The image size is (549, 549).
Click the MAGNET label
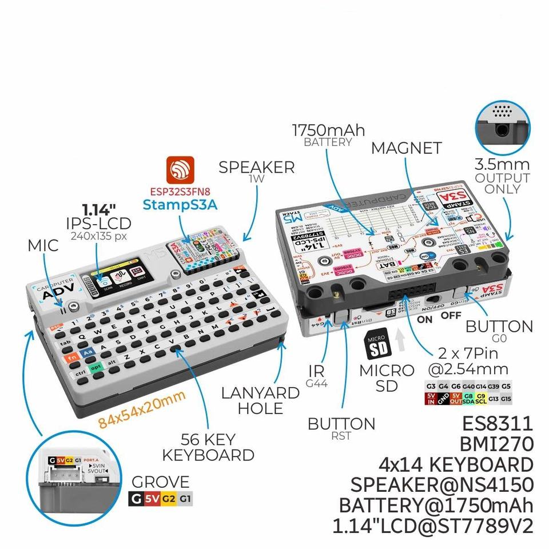point(406,148)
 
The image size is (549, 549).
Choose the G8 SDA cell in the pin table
point(468,399)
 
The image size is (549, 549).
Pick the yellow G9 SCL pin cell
point(481,399)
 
